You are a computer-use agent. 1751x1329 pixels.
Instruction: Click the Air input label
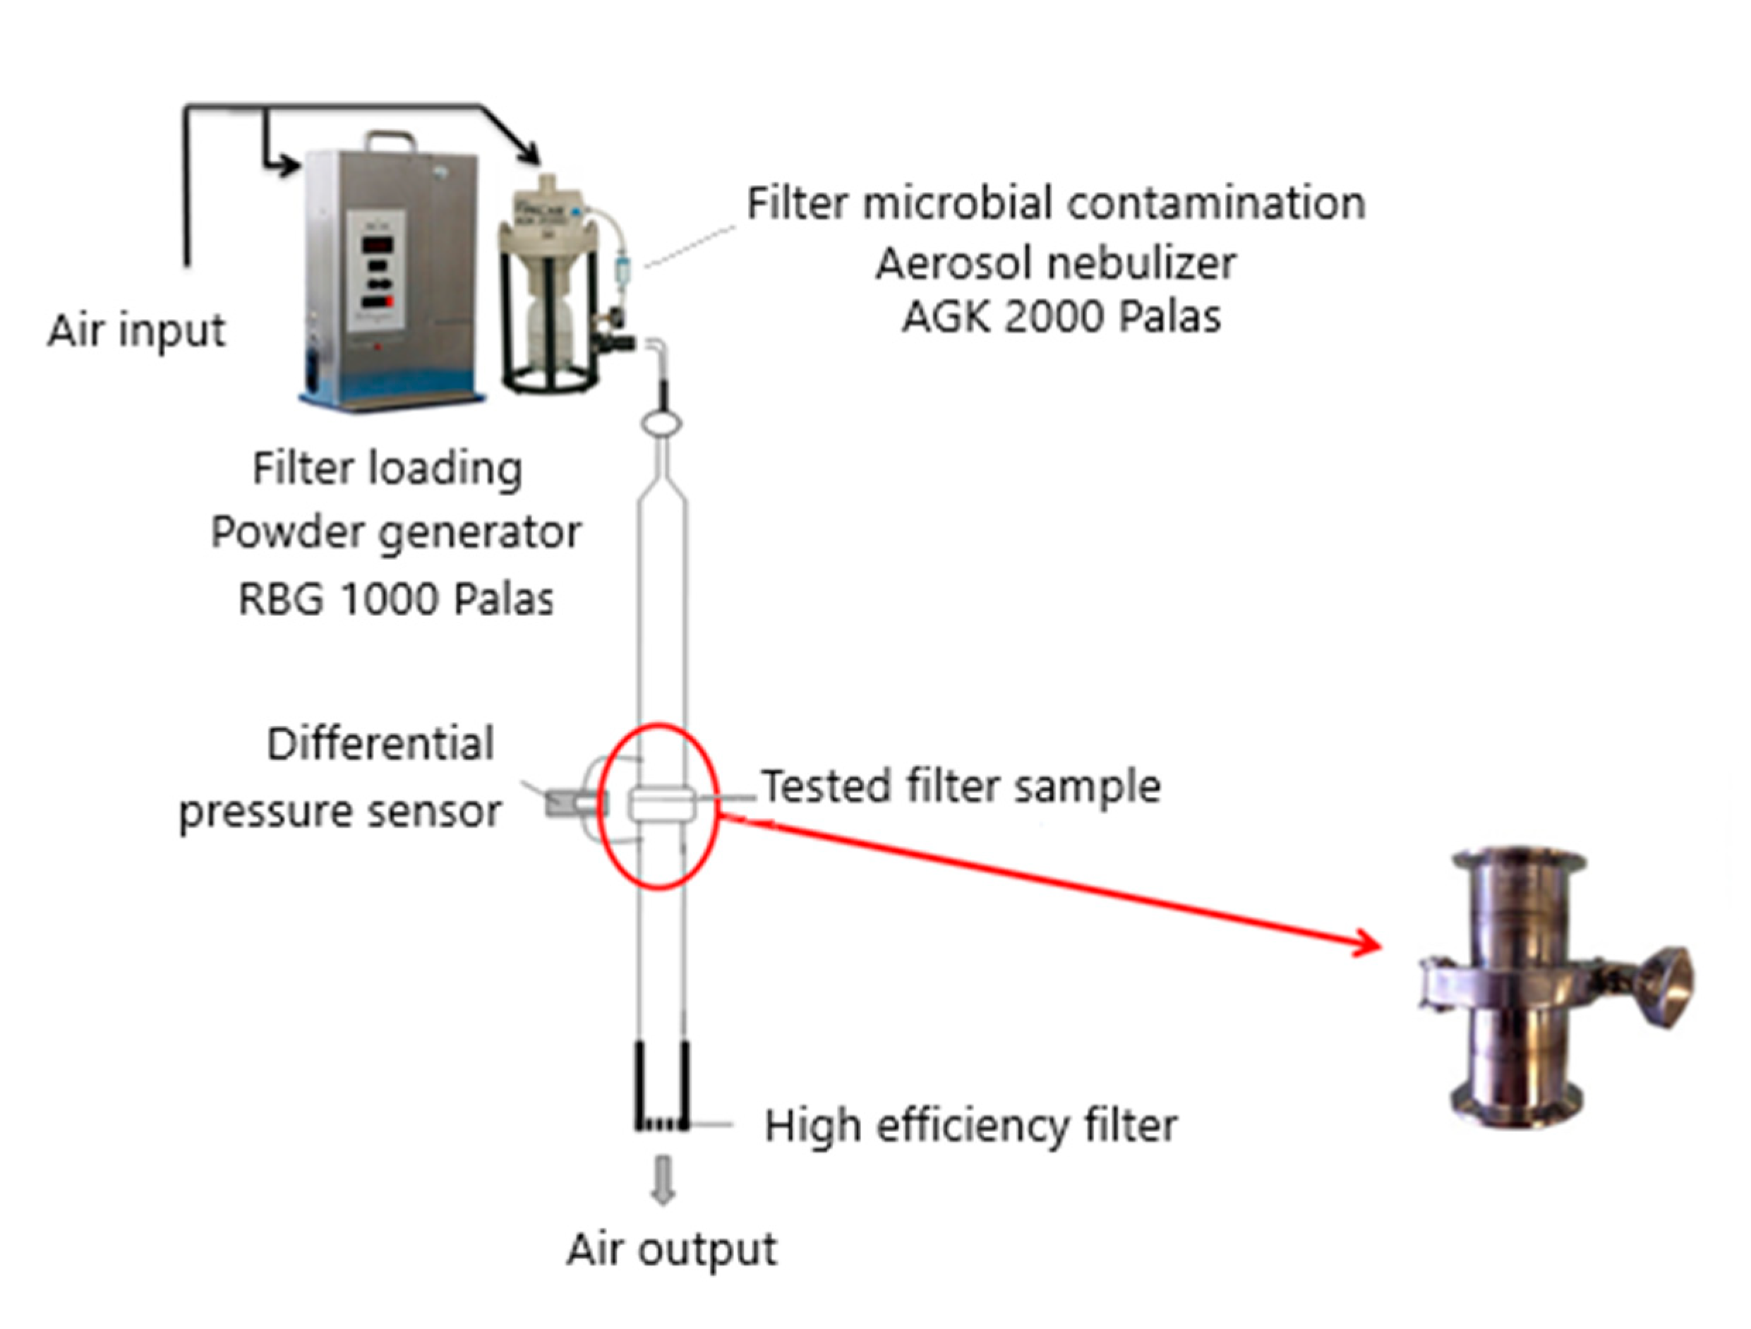136,331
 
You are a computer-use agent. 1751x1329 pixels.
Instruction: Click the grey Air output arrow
663,1180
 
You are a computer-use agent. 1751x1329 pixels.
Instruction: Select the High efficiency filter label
970,1126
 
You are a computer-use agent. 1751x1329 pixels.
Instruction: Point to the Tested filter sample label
961,787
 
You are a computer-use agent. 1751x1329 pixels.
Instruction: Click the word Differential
380,744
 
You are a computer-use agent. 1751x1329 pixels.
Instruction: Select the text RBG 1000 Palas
395,599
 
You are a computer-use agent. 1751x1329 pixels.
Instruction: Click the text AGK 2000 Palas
1061,318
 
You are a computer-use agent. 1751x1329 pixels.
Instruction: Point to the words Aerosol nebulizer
1055,263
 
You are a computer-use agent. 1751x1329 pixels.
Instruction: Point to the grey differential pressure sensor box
565,804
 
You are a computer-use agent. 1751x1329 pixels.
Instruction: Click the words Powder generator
395,533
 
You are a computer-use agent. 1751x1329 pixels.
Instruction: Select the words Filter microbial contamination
1055,203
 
